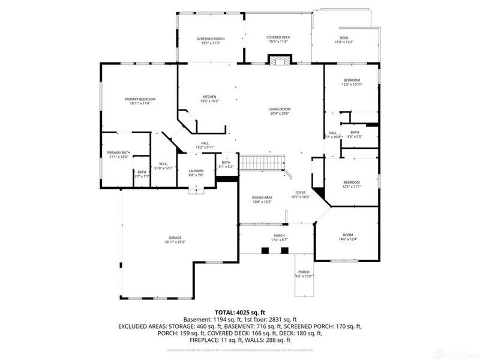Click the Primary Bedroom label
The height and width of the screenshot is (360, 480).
coord(140,101)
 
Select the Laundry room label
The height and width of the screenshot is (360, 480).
coord(197,173)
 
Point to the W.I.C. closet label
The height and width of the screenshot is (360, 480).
coord(163,166)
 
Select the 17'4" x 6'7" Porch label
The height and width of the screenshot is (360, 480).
coord(278,238)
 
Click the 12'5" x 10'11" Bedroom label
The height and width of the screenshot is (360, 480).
coord(352,83)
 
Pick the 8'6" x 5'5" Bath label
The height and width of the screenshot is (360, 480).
coord(355,134)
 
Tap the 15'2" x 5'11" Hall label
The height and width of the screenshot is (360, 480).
coord(205,145)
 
